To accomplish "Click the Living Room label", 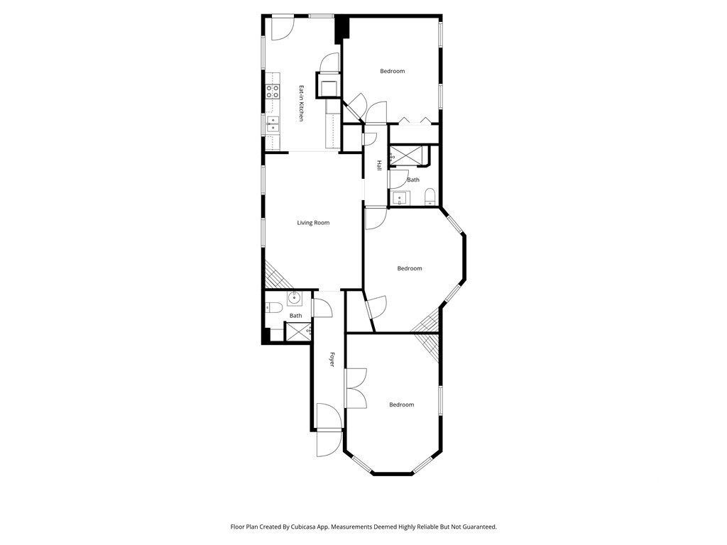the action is click(x=313, y=223).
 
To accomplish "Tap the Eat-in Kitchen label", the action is click(x=301, y=104).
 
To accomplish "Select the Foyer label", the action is click(x=332, y=360).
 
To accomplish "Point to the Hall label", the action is click(x=379, y=165).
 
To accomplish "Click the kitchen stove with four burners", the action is click(x=273, y=92).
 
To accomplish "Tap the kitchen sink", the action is click(x=273, y=125).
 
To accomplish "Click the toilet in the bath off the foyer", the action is click(x=275, y=307).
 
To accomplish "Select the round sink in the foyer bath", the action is click(x=294, y=299).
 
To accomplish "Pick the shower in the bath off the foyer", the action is click(x=298, y=332).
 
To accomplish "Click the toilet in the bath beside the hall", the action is click(x=430, y=197).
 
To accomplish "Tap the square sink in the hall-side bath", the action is click(x=399, y=199).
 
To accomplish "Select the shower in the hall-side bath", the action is click(x=407, y=155).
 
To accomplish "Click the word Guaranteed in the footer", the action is click(x=481, y=527).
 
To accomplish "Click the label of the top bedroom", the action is click(x=392, y=72).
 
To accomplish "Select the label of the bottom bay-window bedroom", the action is click(x=402, y=405).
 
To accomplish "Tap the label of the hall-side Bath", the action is click(x=413, y=180).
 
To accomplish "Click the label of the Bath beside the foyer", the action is click(x=296, y=316).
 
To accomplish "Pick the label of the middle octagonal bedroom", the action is click(x=410, y=269).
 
